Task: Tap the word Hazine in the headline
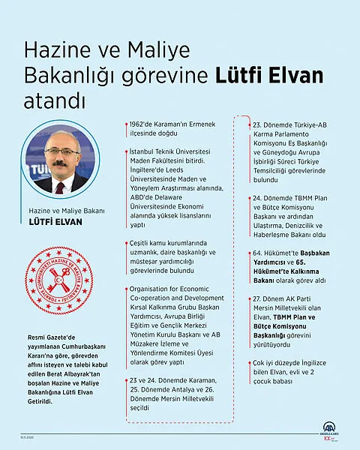52,52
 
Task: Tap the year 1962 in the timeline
139,122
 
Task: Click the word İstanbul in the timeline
143,151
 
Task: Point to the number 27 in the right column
258,298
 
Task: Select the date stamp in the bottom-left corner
22,436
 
